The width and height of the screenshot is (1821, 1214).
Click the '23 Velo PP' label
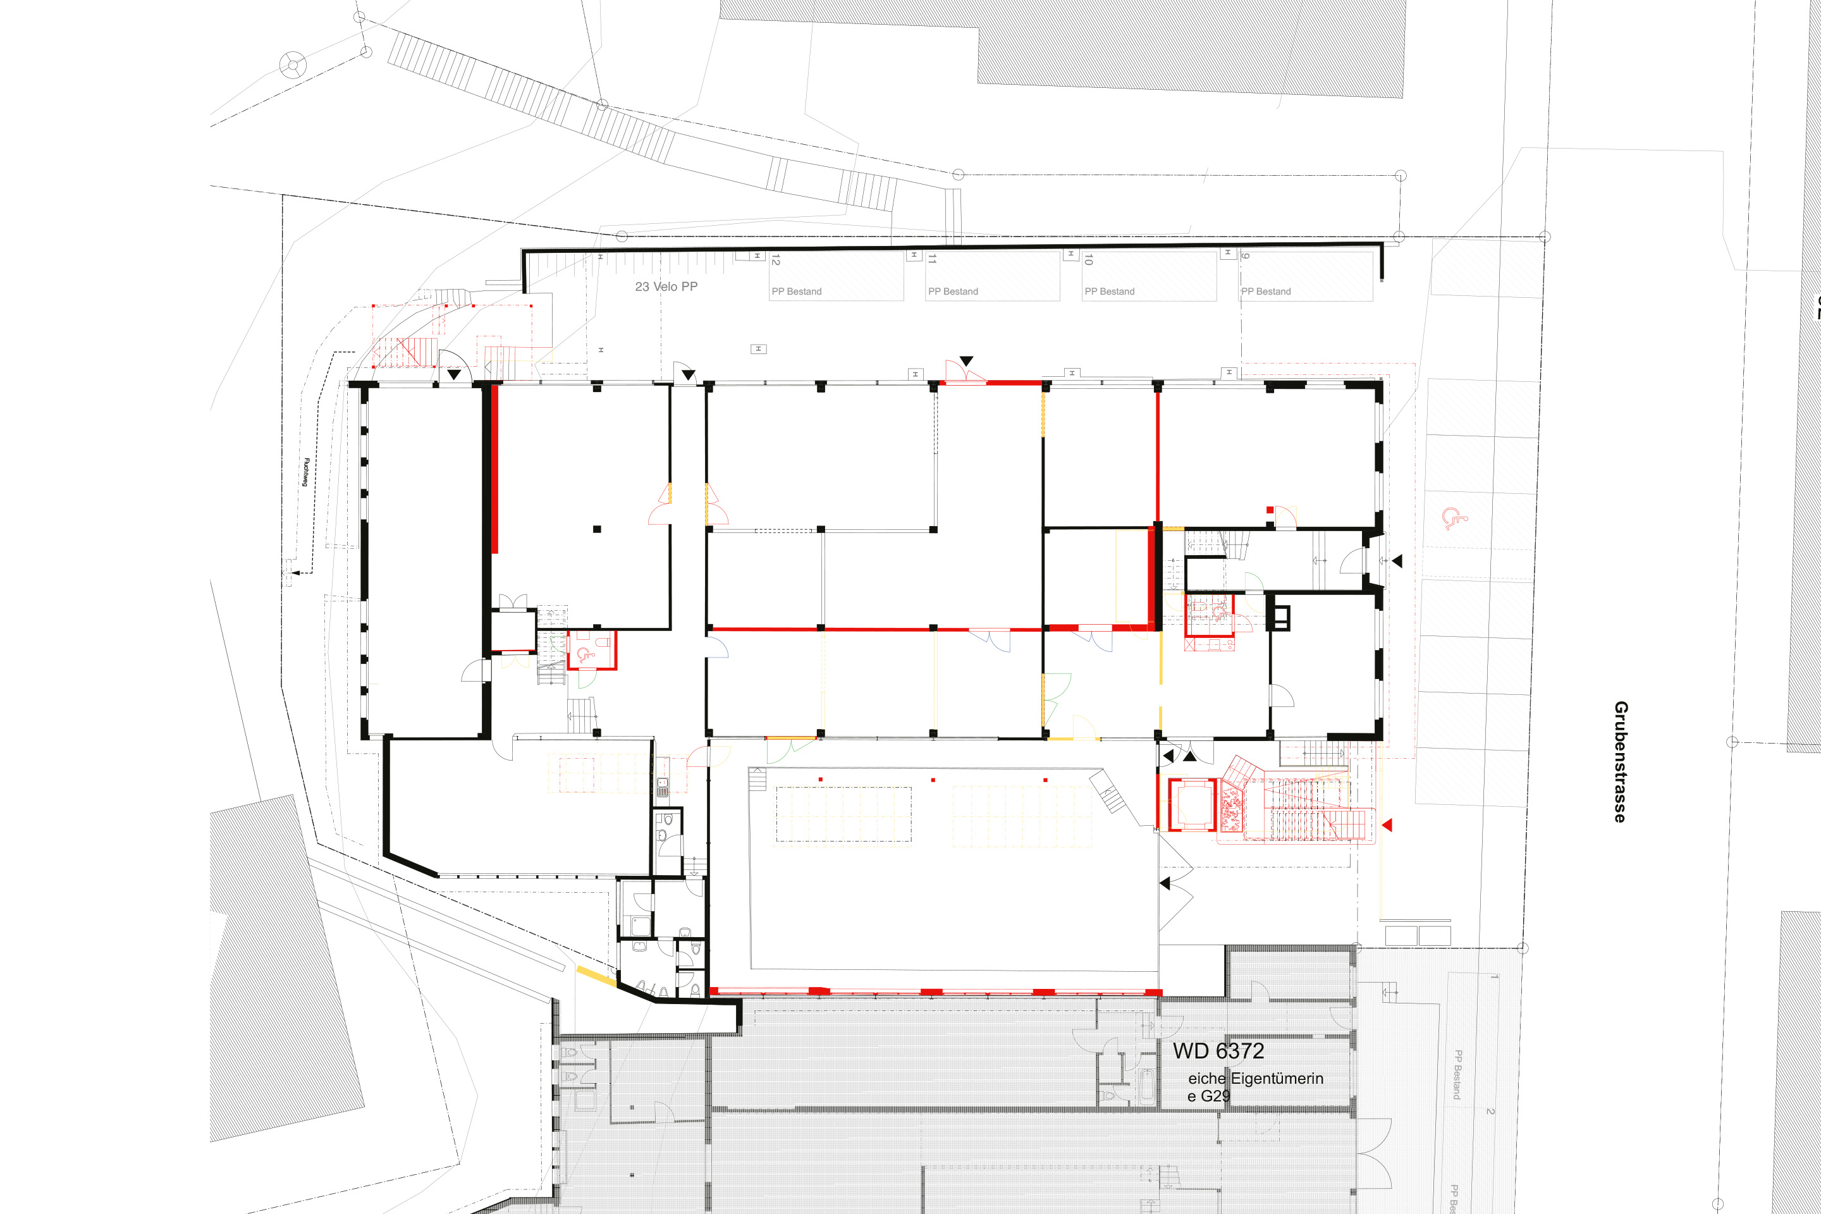[666, 286]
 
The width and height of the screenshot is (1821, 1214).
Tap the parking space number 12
[776, 259]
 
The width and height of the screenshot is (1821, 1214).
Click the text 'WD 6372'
[1218, 1051]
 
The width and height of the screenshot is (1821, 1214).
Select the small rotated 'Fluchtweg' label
[306, 472]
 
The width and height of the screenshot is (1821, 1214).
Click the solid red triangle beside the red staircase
[1387, 825]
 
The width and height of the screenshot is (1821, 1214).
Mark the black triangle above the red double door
[966, 361]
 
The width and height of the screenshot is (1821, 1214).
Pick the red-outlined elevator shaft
[1193, 805]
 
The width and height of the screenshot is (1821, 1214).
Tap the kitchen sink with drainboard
[663, 787]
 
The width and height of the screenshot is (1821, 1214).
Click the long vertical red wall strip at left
[494, 469]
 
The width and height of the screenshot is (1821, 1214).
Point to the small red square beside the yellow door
[1270, 510]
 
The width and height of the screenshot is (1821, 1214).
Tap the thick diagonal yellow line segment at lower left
[596, 977]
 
